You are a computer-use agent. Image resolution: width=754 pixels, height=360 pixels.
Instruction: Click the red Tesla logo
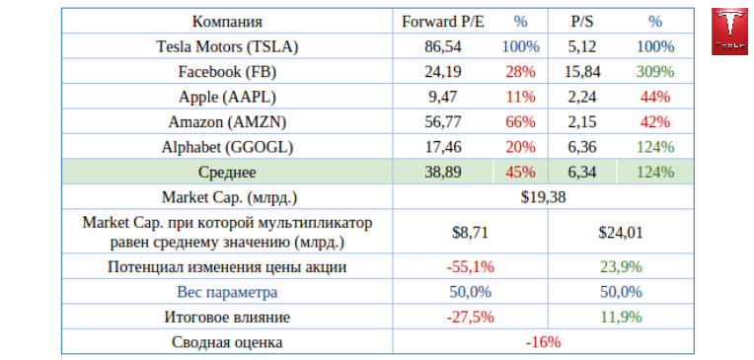click(x=729, y=32)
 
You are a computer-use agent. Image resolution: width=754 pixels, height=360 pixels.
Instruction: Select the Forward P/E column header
click(x=442, y=22)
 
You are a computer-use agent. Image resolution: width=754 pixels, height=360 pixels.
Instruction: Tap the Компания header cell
click(x=227, y=22)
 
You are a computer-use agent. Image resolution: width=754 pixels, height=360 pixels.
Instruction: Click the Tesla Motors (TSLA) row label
click(x=227, y=46)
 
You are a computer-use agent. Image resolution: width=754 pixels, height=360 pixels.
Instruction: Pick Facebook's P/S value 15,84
click(x=582, y=72)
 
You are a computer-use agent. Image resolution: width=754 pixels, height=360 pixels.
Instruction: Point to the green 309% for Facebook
click(x=655, y=72)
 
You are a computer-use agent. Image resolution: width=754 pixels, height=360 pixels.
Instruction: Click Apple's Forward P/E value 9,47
click(x=442, y=97)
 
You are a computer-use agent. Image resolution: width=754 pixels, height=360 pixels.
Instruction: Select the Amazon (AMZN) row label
click(x=227, y=122)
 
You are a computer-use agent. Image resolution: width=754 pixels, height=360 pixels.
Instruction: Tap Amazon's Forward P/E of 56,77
click(x=442, y=122)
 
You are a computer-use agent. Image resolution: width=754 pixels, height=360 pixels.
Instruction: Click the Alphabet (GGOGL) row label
click(x=227, y=147)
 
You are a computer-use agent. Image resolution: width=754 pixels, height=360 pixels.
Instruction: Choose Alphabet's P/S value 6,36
click(x=582, y=147)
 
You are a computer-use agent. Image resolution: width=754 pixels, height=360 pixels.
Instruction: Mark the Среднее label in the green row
click(x=227, y=172)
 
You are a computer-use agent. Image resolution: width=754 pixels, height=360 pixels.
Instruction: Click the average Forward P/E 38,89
click(x=442, y=172)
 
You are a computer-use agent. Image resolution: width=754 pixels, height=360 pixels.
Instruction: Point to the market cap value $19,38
click(x=543, y=197)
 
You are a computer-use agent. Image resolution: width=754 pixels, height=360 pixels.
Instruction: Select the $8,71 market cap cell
click(x=470, y=233)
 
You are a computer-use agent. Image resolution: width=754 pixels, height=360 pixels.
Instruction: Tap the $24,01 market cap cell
click(x=621, y=233)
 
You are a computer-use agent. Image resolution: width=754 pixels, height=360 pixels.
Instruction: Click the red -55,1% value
click(x=470, y=266)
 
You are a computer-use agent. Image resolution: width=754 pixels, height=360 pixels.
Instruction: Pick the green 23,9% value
click(x=621, y=266)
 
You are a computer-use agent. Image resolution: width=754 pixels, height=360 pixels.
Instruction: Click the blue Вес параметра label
click(x=227, y=292)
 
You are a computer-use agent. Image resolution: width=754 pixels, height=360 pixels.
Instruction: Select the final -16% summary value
click(x=543, y=342)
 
